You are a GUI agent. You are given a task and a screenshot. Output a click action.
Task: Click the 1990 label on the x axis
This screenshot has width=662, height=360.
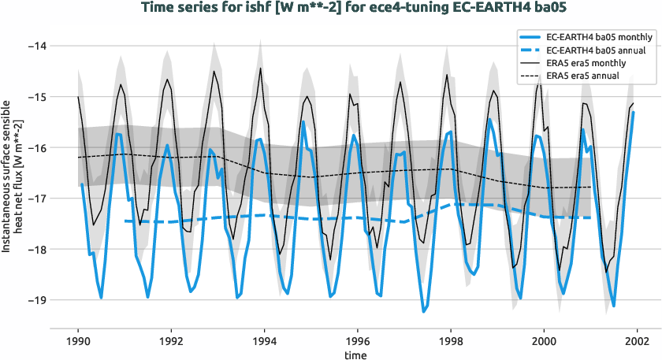coord(78,342)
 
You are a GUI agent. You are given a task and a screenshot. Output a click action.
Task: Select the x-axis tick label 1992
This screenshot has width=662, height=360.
coord(171,342)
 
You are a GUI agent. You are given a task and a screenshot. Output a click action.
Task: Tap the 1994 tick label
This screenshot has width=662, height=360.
coord(264,342)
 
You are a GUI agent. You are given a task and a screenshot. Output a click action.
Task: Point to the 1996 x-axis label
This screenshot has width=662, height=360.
coord(358,342)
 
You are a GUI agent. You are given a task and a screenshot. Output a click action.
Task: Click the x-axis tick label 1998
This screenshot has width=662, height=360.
coord(451,342)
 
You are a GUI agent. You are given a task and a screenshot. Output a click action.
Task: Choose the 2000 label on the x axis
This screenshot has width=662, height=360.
coord(544,342)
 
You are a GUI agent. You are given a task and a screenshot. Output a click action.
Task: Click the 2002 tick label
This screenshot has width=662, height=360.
coord(637,342)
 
